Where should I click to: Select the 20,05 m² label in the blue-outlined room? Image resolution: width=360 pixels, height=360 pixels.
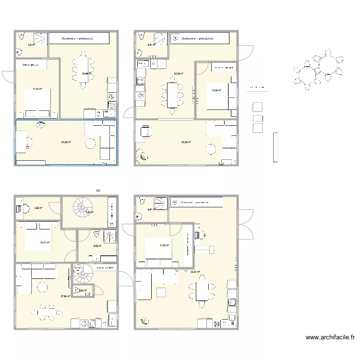point(64,142)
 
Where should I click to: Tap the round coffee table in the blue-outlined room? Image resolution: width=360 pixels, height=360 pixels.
point(91,144)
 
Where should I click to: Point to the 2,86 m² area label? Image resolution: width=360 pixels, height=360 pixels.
point(82,290)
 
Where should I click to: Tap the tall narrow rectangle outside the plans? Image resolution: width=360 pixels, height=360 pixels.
point(275,147)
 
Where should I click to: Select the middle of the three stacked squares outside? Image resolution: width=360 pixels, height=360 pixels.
point(258,118)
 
